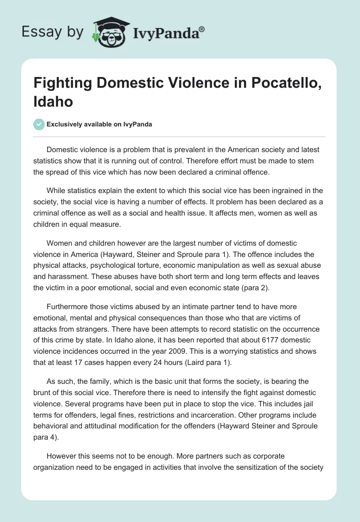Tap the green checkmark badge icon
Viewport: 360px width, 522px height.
tap(39, 124)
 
